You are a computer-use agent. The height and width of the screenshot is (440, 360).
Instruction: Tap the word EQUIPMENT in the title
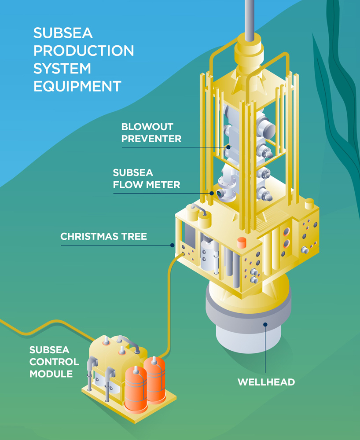coord(77,86)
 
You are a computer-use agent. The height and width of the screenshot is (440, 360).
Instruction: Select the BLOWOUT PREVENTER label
coord(151,133)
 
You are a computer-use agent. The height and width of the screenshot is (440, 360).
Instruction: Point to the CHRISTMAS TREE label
coord(104,237)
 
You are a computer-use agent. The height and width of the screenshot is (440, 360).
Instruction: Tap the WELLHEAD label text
coord(266,382)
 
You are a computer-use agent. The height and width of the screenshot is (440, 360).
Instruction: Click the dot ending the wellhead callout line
coord(265,325)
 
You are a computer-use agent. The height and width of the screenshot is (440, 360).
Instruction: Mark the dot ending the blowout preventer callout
coord(228,147)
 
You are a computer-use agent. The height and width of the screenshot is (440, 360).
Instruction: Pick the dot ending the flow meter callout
coord(212,193)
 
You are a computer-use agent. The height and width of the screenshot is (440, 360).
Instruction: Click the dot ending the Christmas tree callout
coord(173,245)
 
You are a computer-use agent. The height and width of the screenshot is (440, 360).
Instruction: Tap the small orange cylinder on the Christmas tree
coord(241,242)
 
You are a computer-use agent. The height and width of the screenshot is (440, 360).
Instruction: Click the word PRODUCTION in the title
coord(84,51)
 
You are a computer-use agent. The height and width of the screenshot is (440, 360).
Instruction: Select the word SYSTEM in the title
coord(62,68)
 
